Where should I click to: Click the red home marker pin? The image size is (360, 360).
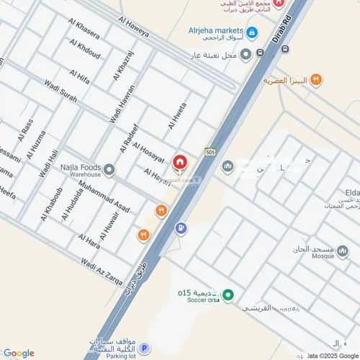[179, 163]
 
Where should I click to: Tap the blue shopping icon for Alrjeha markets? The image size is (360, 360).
[251, 32]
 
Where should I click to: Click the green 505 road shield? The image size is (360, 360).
[210, 152]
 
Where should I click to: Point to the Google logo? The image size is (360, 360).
[18, 353]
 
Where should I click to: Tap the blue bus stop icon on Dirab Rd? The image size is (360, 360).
[286, 49]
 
